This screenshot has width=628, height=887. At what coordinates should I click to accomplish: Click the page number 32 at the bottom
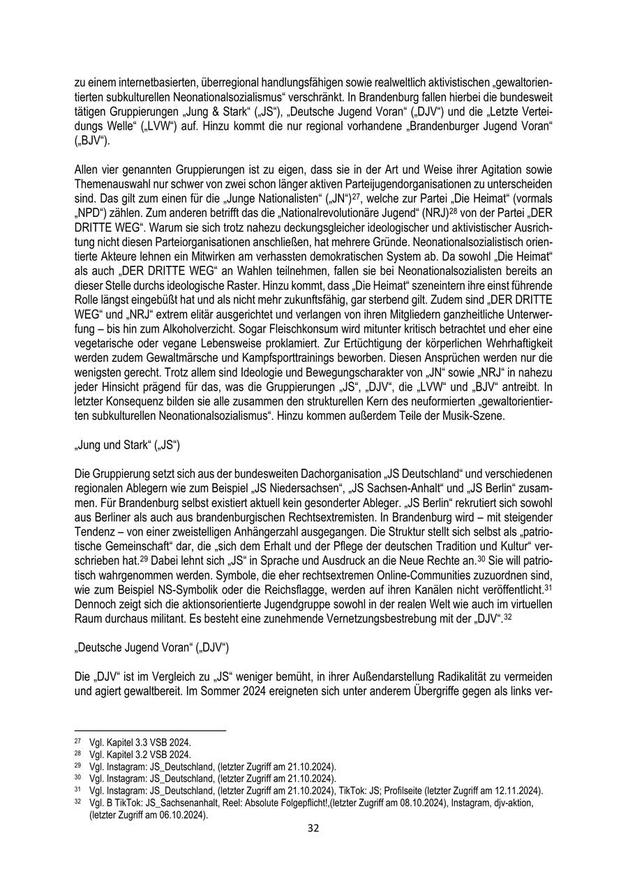313,828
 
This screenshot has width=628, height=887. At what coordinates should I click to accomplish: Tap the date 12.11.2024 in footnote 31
512,790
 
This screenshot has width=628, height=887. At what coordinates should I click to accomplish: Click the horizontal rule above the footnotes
150,730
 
